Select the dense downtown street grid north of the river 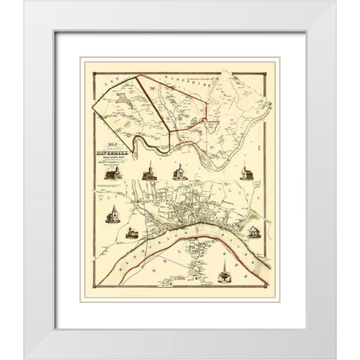184,212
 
